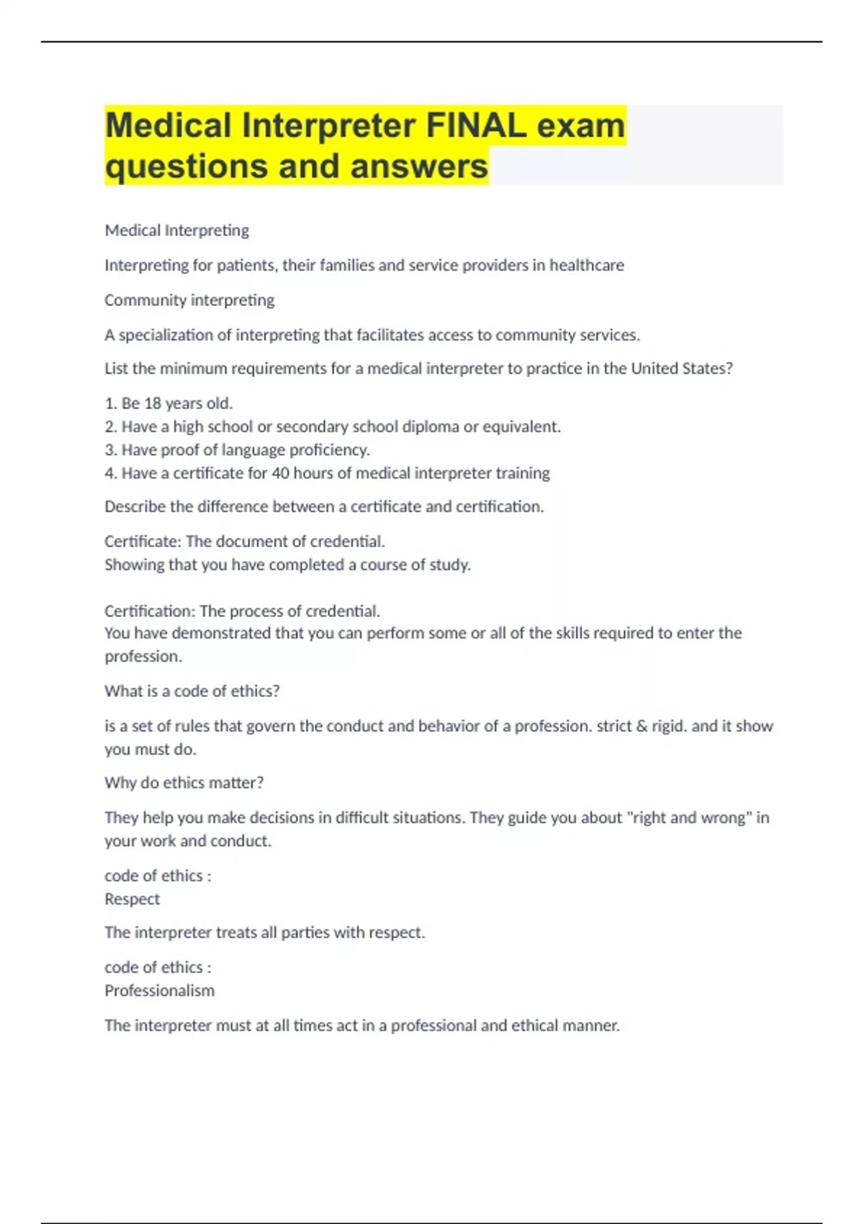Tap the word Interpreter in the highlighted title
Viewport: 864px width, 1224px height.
(x=329, y=126)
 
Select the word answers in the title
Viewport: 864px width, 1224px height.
(x=419, y=166)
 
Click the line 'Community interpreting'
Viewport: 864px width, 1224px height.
(x=189, y=300)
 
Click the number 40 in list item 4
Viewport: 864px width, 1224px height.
(x=280, y=473)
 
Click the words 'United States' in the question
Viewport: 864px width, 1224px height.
(x=680, y=369)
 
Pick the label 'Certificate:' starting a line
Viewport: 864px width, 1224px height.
(x=143, y=541)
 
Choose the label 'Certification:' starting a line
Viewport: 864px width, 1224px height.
(x=150, y=611)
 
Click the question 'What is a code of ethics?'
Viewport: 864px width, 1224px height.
(x=192, y=691)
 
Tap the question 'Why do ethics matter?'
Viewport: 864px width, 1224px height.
(x=184, y=783)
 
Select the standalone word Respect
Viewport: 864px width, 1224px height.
(x=132, y=899)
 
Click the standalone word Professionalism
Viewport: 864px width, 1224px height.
(x=160, y=991)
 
